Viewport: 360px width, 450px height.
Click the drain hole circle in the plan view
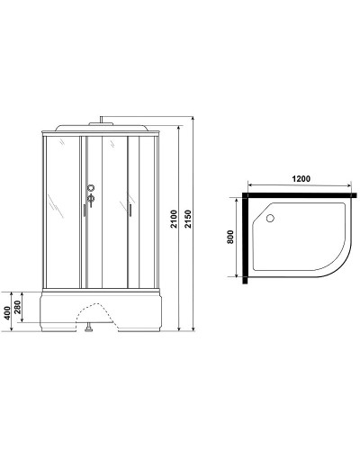coord(271,216)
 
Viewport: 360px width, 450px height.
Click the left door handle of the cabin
coord(82,210)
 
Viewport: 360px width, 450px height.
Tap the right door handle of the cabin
coord(130,210)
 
